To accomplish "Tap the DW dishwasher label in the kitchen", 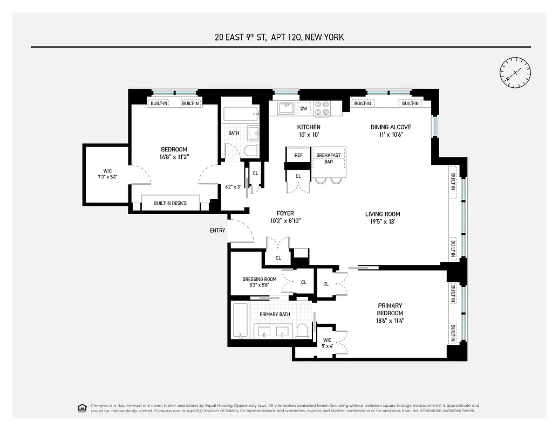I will click(x=304, y=108).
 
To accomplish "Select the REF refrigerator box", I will click(x=298, y=155).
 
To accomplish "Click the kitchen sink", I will click(x=286, y=108).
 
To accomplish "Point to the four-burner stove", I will click(x=322, y=108).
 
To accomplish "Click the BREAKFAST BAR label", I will click(x=329, y=158).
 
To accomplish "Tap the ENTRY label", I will click(x=217, y=231).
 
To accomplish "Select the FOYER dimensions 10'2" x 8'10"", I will click(x=285, y=220).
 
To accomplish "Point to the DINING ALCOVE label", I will click(x=391, y=127).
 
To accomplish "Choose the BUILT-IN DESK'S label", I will click(x=170, y=203).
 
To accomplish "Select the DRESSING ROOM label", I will click(x=260, y=279).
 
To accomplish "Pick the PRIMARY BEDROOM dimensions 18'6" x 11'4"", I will click(x=390, y=321).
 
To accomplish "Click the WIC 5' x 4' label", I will click(x=328, y=343).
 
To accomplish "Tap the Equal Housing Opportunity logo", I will click(x=82, y=407).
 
